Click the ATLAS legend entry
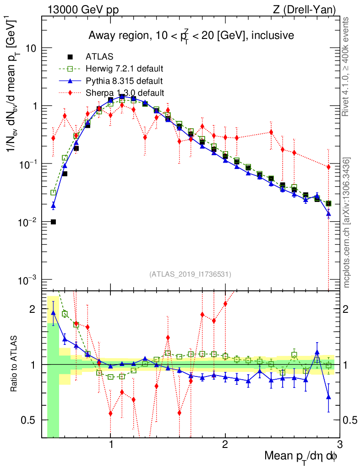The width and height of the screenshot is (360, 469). (x=97, y=57)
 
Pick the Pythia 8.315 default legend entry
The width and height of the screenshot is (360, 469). (x=124, y=81)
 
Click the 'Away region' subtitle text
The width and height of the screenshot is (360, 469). (x=191, y=35)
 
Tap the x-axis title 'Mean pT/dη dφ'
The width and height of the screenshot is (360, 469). (x=301, y=456)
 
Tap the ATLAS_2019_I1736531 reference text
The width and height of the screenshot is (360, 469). (x=190, y=274)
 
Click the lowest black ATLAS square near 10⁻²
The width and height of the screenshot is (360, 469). (x=53, y=222)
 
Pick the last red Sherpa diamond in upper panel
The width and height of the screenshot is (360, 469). (x=328, y=167)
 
